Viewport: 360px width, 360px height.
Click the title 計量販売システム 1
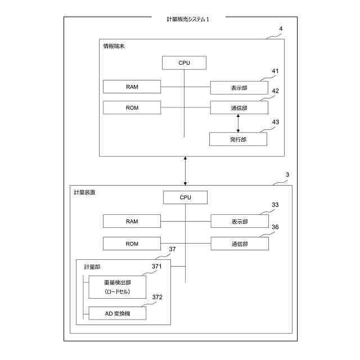tap(188, 19)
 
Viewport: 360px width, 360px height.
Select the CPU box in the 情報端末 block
tap(184, 62)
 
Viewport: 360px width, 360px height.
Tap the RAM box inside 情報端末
tap(132, 87)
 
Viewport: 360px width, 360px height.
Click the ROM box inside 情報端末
tap(132, 107)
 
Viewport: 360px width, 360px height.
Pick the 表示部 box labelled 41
tap(238, 88)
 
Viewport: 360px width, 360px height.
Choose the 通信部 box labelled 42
tap(238, 107)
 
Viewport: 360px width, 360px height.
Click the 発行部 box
tap(238, 139)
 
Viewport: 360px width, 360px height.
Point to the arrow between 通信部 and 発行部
tap(238, 123)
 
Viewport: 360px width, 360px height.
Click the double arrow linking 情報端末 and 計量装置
tap(185, 171)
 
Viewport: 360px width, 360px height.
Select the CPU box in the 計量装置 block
tap(185, 197)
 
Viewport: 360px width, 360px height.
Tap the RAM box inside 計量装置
tap(132, 221)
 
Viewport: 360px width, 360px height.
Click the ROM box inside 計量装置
tap(132, 244)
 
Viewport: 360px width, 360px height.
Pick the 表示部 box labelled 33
tap(239, 221)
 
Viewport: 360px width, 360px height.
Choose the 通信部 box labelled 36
tap(239, 244)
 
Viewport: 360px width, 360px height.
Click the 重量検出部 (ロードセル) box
tap(117, 287)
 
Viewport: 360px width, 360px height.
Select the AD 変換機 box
tap(117, 313)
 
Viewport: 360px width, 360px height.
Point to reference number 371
tap(157, 266)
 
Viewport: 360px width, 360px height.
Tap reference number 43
tap(275, 121)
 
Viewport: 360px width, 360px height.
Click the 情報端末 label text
tap(114, 46)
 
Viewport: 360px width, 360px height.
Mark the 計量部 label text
tap(92, 266)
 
